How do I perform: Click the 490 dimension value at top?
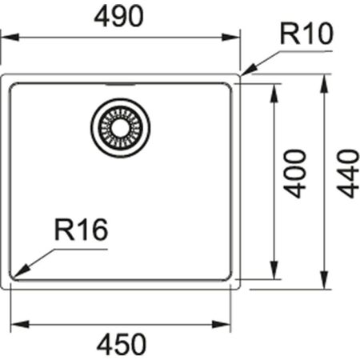point(120,16)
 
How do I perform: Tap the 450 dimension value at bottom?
point(122,344)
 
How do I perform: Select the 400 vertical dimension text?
point(295,173)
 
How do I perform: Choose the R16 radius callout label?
point(81,231)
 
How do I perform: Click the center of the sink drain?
point(120,126)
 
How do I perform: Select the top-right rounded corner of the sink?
point(238,79)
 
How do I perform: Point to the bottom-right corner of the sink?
point(238,284)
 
